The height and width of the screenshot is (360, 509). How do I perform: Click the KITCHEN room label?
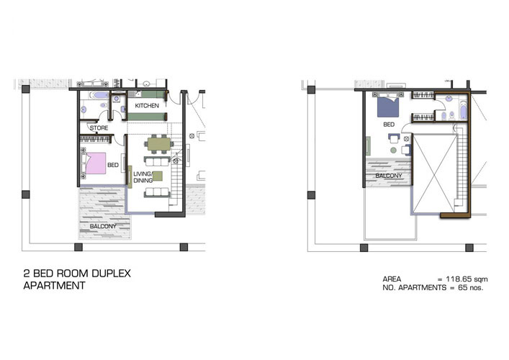tap(147, 106)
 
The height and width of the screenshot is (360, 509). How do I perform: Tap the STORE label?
tap(99, 128)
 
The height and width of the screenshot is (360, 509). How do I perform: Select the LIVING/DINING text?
tap(143, 177)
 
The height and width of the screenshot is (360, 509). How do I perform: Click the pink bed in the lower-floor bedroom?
tap(96, 163)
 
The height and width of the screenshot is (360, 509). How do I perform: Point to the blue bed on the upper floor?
tap(388, 107)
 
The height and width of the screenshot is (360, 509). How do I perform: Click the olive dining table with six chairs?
tap(159, 144)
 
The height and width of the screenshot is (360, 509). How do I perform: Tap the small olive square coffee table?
tap(158, 176)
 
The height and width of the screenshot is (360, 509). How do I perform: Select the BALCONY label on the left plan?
tap(103, 226)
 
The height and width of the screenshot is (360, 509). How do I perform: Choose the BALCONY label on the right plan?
tap(389, 176)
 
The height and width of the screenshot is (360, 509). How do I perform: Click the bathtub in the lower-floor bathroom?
tap(99, 96)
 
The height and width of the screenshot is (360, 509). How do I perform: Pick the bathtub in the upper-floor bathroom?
tap(463, 110)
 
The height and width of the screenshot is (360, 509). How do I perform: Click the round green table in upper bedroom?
tap(393, 150)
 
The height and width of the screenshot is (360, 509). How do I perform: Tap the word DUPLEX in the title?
tap(111, 274)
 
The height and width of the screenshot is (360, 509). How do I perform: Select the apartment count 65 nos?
tap(470, 287)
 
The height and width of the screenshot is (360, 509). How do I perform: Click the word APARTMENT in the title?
tap(54, 286)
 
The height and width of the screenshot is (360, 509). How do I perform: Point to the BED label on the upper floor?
tap(389, 125)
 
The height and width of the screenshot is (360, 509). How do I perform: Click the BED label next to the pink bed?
tap(113, 165)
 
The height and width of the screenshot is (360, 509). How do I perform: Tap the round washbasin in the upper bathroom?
tap(449, 99)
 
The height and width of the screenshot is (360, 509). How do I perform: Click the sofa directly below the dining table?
tap(157, 161)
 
